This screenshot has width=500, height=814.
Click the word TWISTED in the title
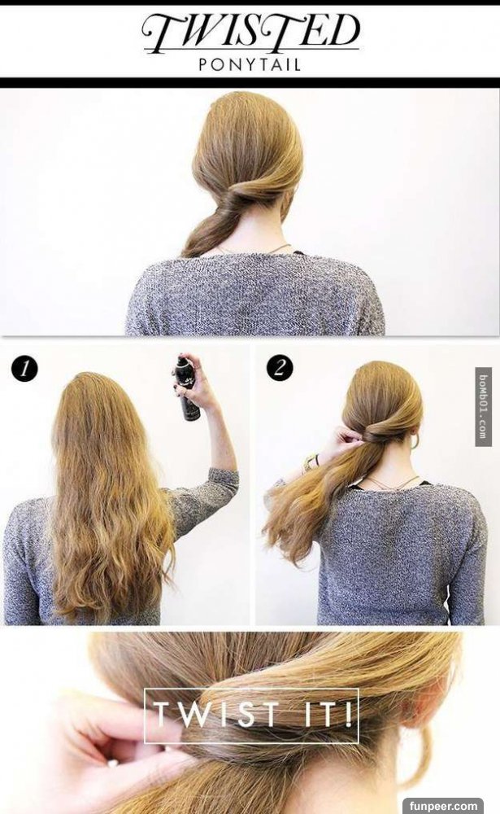tap(250, 33)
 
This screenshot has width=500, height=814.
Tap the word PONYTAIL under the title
tap(250, 65)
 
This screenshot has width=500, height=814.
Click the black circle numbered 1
tap(24, 369)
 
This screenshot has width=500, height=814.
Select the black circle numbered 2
tap(280, 368)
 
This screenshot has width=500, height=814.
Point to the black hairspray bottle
tap(188, 387)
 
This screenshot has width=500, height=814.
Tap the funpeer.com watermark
tap(443, 806)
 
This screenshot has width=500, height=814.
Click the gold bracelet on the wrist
tap(311, 462)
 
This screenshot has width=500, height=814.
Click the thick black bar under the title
tap(250, 82)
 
